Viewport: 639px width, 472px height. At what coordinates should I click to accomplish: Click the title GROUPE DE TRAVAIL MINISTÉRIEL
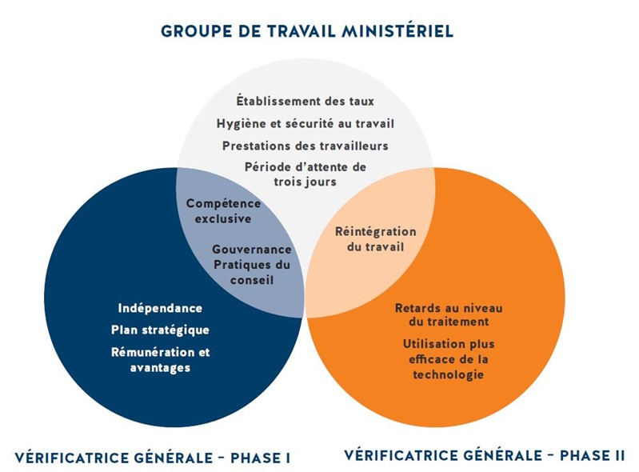tap(307, 31)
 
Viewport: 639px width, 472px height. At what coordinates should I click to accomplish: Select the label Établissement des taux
tap(306, 101)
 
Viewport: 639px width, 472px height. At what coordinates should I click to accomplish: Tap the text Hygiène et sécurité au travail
tap(306, 123)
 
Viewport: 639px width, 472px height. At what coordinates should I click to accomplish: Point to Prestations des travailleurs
tap(306, 146)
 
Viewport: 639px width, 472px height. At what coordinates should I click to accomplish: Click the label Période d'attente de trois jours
tap(306, 174)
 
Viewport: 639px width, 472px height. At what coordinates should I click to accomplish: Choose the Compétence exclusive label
tap(223, 210)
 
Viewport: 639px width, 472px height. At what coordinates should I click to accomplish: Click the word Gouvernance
tap(252, 249)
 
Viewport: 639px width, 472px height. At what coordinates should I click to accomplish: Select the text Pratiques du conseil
tap(252, 272)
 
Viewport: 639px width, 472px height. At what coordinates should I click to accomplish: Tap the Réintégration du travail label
tap(376, 239)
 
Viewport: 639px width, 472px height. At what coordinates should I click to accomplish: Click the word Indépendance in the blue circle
tap(160, 308)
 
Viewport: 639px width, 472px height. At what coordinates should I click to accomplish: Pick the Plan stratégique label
tap(160, 330)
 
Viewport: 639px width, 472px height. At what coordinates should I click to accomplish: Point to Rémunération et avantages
tap(160, 359)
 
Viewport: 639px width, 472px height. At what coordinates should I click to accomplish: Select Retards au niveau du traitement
tap(449, 314)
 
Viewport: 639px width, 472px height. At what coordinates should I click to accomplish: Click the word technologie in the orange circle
tap(449, 374)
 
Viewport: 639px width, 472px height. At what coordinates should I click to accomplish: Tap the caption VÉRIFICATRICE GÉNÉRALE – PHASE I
tap(153, 458)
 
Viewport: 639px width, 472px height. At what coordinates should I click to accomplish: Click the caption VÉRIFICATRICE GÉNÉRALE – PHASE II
tap(484, 455)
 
